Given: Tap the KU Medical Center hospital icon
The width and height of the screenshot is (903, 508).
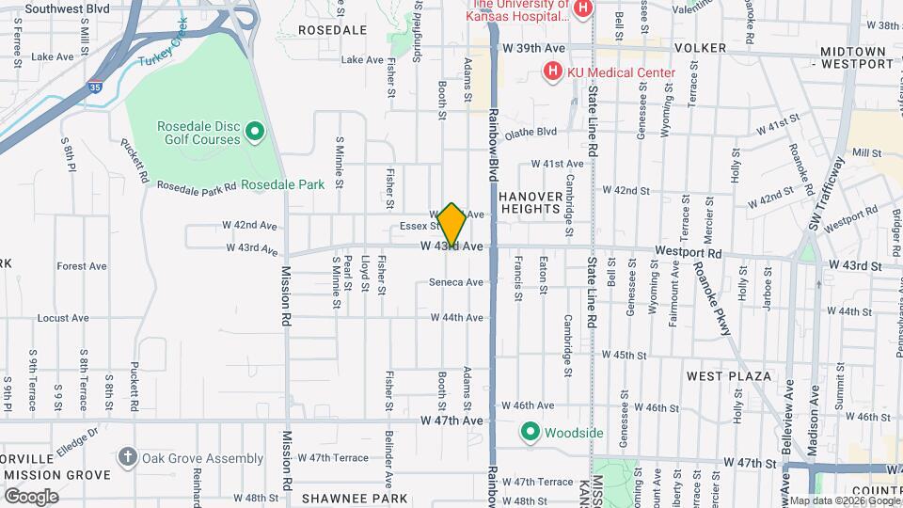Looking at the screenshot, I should (552, 71).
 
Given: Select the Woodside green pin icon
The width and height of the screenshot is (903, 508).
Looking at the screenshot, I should (530, 433).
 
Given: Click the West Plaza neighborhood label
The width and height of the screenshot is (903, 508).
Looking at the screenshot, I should (728, 376).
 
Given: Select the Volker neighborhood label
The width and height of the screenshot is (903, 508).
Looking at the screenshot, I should (700, 48).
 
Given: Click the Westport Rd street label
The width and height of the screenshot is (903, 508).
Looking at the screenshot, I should (688, 254).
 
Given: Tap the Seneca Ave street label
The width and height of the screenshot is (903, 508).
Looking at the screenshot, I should (455, 282).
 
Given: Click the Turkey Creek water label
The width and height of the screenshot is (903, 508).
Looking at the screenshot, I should (164, 54).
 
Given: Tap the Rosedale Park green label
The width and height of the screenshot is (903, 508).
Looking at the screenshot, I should (282, 184).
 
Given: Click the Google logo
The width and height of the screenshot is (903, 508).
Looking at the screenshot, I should (31, 496).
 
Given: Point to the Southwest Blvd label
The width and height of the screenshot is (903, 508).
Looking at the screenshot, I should (68, 8).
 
